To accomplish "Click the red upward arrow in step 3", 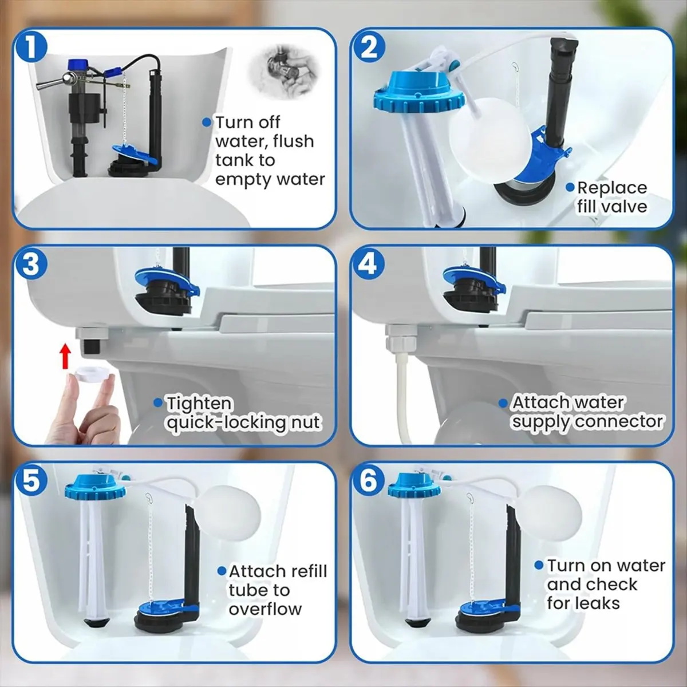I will coord(66,355).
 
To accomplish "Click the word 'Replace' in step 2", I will coord(611,188).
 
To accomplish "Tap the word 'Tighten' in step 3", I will coord(199,404).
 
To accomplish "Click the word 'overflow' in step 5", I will coord(265,609).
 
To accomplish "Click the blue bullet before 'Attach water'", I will coord(503,403).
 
